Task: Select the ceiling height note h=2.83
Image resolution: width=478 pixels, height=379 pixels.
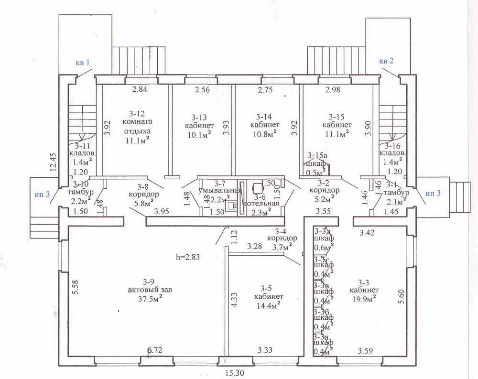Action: (187, 257)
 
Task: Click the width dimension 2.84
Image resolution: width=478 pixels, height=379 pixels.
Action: (141, 89)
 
